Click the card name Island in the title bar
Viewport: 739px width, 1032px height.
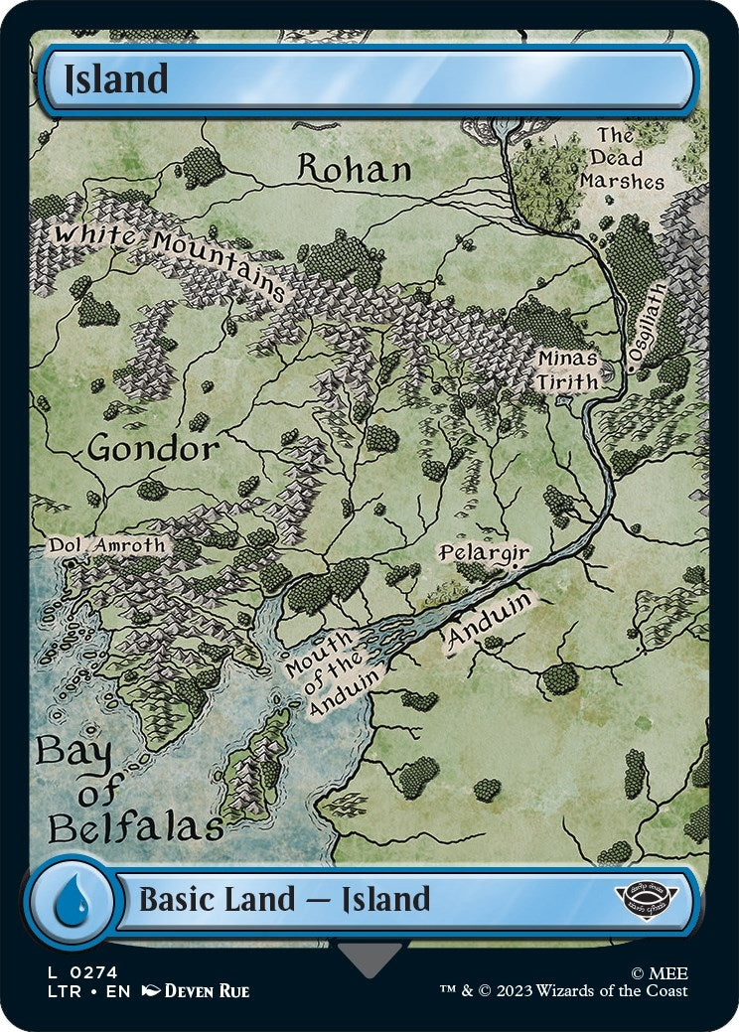(116, 79)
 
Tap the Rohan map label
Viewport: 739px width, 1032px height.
(355, 169)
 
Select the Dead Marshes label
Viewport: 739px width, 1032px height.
(622, 159)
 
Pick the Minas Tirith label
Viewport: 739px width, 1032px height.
(569, 369)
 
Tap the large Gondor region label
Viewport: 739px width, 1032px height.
(153, 449)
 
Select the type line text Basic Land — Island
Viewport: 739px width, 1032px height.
(284, 900)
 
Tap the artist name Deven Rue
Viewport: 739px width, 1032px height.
(207, 991)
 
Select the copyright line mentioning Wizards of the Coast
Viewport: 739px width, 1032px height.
(564, 990)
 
